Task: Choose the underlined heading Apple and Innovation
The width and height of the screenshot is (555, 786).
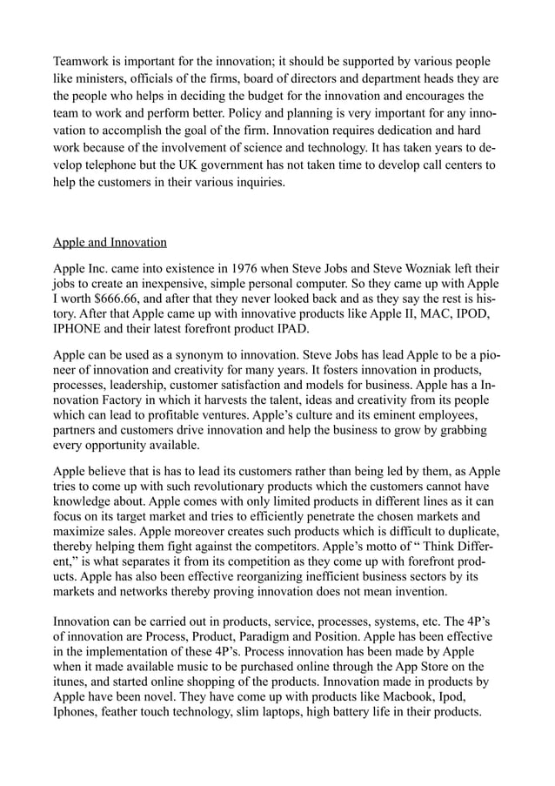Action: point(110,241)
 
